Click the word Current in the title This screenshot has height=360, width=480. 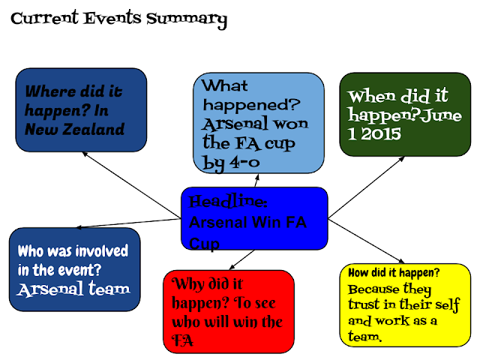44,19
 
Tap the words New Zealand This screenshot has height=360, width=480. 73,130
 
